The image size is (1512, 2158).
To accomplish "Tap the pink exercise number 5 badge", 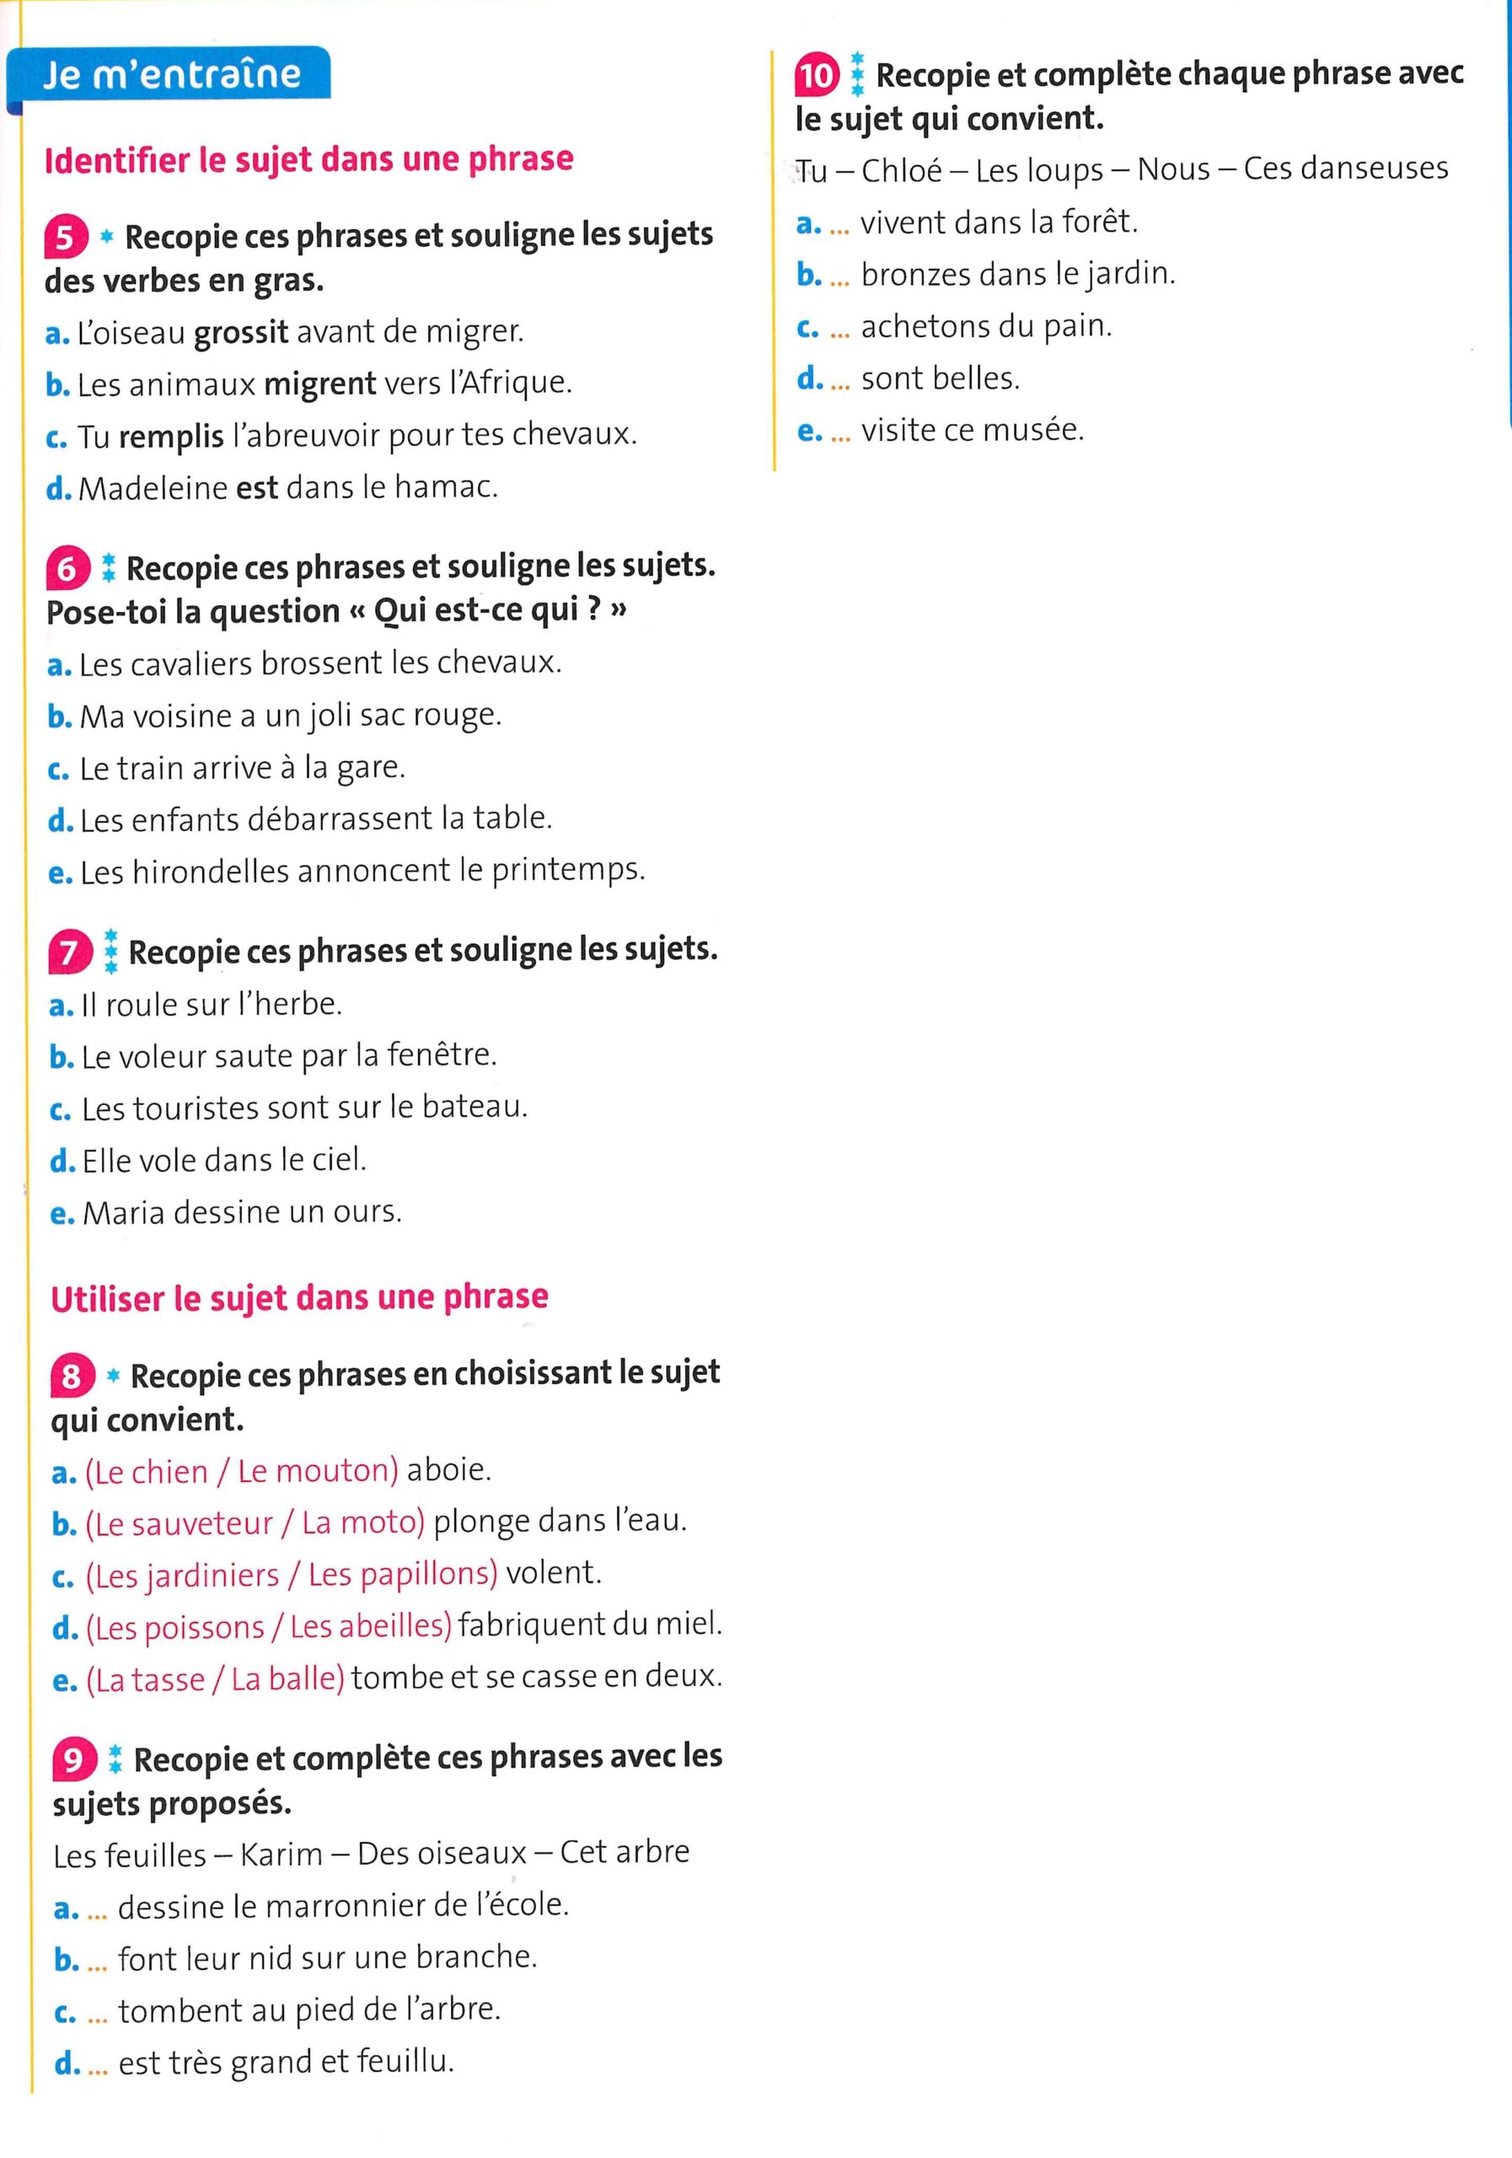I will pos(66,237).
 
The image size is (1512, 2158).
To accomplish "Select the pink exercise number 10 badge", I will pos(816,75).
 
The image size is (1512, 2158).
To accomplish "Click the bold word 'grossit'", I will pos(240,333).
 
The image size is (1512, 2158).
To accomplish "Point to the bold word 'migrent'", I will pos(319,384).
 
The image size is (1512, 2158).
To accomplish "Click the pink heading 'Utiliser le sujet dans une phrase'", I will pos(299,1298).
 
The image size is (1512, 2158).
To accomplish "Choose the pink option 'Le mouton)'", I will pos(318,1471).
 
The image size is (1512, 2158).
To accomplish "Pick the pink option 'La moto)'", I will pos(362,1522).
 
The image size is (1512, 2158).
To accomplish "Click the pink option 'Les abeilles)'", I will pos(371,1626).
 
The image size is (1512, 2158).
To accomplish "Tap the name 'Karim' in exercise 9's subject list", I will pos(281,1854).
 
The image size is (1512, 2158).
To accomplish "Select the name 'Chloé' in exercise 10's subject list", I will pos(901,170).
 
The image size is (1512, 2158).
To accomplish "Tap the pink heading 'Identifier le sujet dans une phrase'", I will pos(308,158).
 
